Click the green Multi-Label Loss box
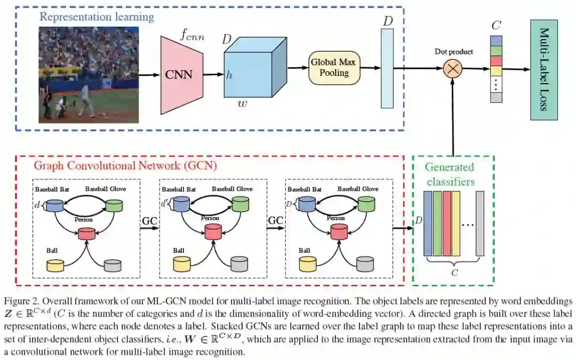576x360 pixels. [x=543, y=70]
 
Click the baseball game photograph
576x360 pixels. [x=89, y=75]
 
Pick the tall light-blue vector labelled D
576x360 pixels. [x=387, y=68]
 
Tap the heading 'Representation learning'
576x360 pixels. [x=97, y=17]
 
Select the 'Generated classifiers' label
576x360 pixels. [x=450, y=174]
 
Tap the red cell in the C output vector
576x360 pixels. [x=496, y=61]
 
